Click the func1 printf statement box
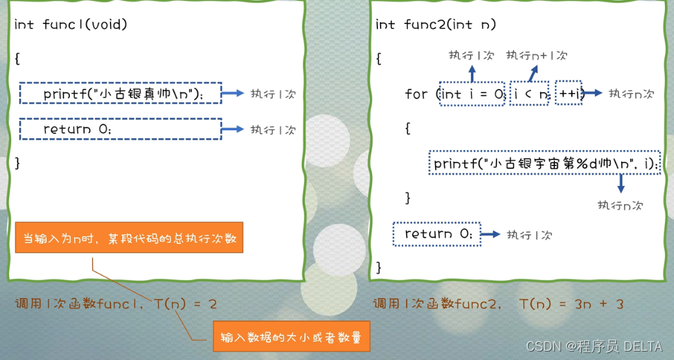point(121,93)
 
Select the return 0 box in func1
point(121,129)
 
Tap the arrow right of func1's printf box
point(232,93)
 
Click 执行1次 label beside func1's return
point(274,130)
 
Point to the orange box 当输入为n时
point(129,239)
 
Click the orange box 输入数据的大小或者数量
point(290,337)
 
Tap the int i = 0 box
point(472,94)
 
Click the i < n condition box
point(529,94)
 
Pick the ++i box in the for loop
point(568,94)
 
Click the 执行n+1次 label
point(537,55)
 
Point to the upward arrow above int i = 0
point(472,73)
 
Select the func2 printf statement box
point(544,163)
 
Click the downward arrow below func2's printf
point(620,184)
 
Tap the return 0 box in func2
point(437,234)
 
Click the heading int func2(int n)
point(436,25)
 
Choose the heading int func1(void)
point(71,25)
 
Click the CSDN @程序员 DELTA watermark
point(594,346)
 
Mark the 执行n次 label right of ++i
point(631,94)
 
